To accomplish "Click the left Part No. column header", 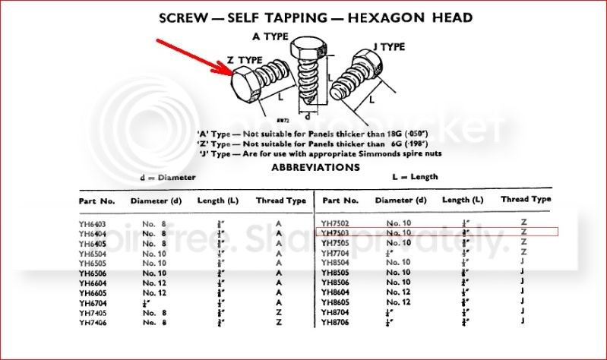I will pos(96,201).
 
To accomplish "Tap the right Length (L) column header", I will pos(463,201).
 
